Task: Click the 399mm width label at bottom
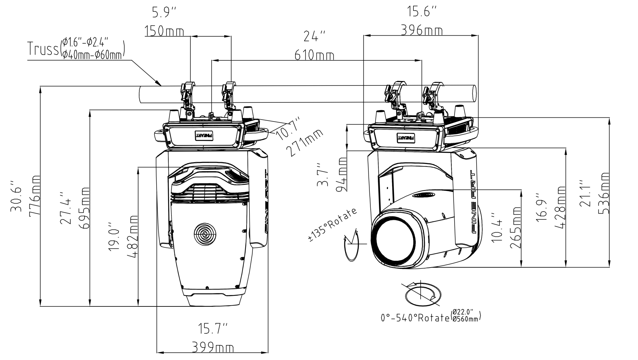[213, 347]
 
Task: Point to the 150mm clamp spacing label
[164, 32]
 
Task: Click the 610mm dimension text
[314, 55]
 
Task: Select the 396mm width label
[422, 31]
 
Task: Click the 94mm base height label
[342, 174]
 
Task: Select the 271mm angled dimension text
[305, 143]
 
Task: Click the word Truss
[43, 49]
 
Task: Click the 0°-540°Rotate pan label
[415, 318]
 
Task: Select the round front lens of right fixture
[396, 238]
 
